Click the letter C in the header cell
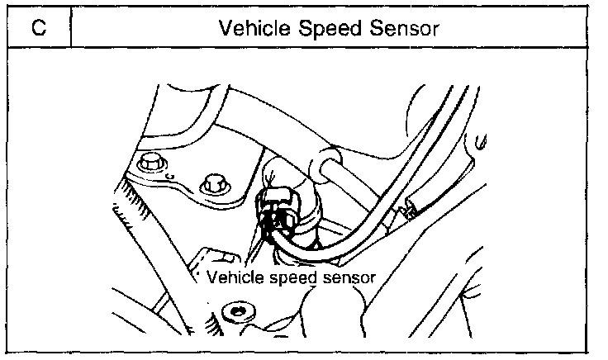point(37,28)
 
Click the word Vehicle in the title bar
point(247,28)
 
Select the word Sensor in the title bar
point(396,28)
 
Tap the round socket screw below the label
point(237,312)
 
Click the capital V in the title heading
point(225,28)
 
